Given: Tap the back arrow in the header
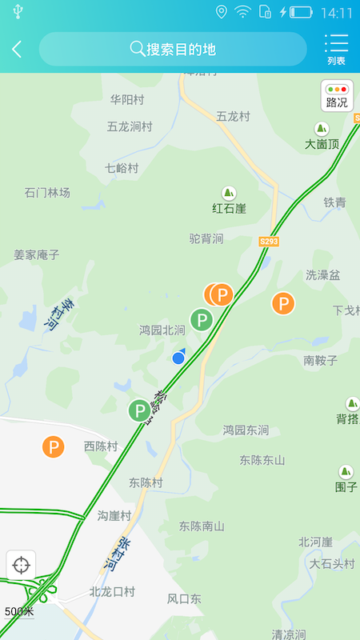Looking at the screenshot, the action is coord(17,49).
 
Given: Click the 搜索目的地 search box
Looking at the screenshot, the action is coord(173,49).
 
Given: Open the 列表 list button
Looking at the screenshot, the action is coord(336,49).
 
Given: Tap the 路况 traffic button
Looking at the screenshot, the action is coord(337,96).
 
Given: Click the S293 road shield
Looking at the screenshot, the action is coord(270,241).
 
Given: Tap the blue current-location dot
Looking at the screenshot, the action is coord(178,358).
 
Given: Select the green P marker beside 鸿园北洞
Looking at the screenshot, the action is coord(202,321).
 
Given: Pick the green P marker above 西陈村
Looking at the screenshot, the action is coord(140,411).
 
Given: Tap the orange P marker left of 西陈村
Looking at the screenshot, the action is coord(53,446).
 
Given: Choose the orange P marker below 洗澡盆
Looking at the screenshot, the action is coord(282,303).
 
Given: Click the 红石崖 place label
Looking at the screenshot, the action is coord(229,209).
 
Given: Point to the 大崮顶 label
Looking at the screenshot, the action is coord(322,144).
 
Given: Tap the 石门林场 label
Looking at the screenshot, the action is coord(47,193).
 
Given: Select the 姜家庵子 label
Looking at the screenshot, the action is coord(37,254).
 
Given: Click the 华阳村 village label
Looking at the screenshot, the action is coord(127,100).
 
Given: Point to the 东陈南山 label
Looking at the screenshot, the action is coord(202,526).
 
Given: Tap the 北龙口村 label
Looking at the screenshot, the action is coord(112,592).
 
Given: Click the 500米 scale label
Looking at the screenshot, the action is coord(19,611).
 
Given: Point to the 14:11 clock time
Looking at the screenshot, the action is coord(335,13).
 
